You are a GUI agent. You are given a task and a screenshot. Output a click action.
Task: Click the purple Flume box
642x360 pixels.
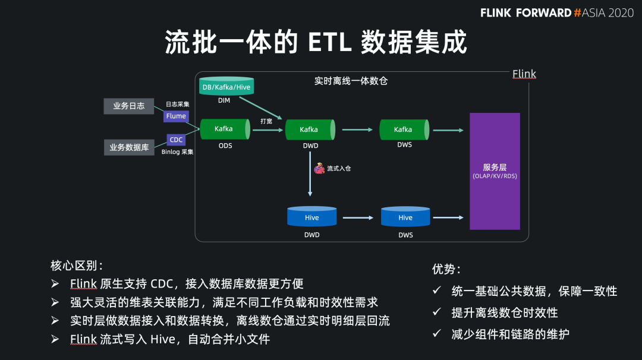[x=176, y=116]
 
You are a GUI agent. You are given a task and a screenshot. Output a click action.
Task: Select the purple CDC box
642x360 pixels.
[x=176, y=140]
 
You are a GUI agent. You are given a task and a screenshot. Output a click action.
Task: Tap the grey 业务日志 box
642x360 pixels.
[x=129, y=106]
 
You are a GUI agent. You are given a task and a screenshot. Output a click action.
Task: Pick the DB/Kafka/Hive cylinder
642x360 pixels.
[x=226, y=87]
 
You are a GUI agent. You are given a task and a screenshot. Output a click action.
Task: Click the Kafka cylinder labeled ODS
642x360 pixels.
[x=224, y=129]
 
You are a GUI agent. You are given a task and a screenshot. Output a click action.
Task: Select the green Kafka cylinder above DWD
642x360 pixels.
[x=309, y=130]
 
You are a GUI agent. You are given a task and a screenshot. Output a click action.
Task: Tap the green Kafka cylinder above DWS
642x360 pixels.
[x=404, y=130]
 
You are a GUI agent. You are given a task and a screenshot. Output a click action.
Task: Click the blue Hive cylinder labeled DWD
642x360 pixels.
[x=311, y=217]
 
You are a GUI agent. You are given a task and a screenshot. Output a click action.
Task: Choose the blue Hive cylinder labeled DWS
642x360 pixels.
[x=405, y=217]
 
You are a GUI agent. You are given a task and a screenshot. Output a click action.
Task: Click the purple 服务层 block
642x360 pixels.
[x=495, y=171]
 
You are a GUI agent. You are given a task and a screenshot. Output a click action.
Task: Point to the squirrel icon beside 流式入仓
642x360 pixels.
[x=319, y=168]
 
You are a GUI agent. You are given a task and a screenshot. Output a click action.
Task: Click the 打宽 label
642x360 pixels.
[x=266, y=121]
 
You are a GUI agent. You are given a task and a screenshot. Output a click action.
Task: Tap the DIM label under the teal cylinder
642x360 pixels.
[x=224, y=101]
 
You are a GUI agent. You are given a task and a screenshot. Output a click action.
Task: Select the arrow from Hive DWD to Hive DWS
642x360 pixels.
[x=358, y=218]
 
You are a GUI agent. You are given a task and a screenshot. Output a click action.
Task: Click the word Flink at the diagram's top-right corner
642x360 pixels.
[x=524, y=74]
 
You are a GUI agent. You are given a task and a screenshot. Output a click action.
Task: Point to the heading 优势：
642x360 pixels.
[x=446, y=269]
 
